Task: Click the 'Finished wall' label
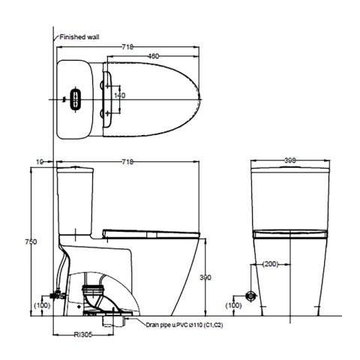(x=79, y=37)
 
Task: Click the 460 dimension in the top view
(x=153, y=56)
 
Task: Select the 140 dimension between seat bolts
(x=120, y=95)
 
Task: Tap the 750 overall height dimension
(x=31, y=241)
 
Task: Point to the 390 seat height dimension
(x=205, y=277)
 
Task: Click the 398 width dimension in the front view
(x=290, y=160)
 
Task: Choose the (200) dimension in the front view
(x=270, y=264)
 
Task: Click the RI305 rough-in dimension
(x=83, y=334)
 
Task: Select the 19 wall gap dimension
(x=40, y=162)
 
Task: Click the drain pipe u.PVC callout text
(x=184, y=325)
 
